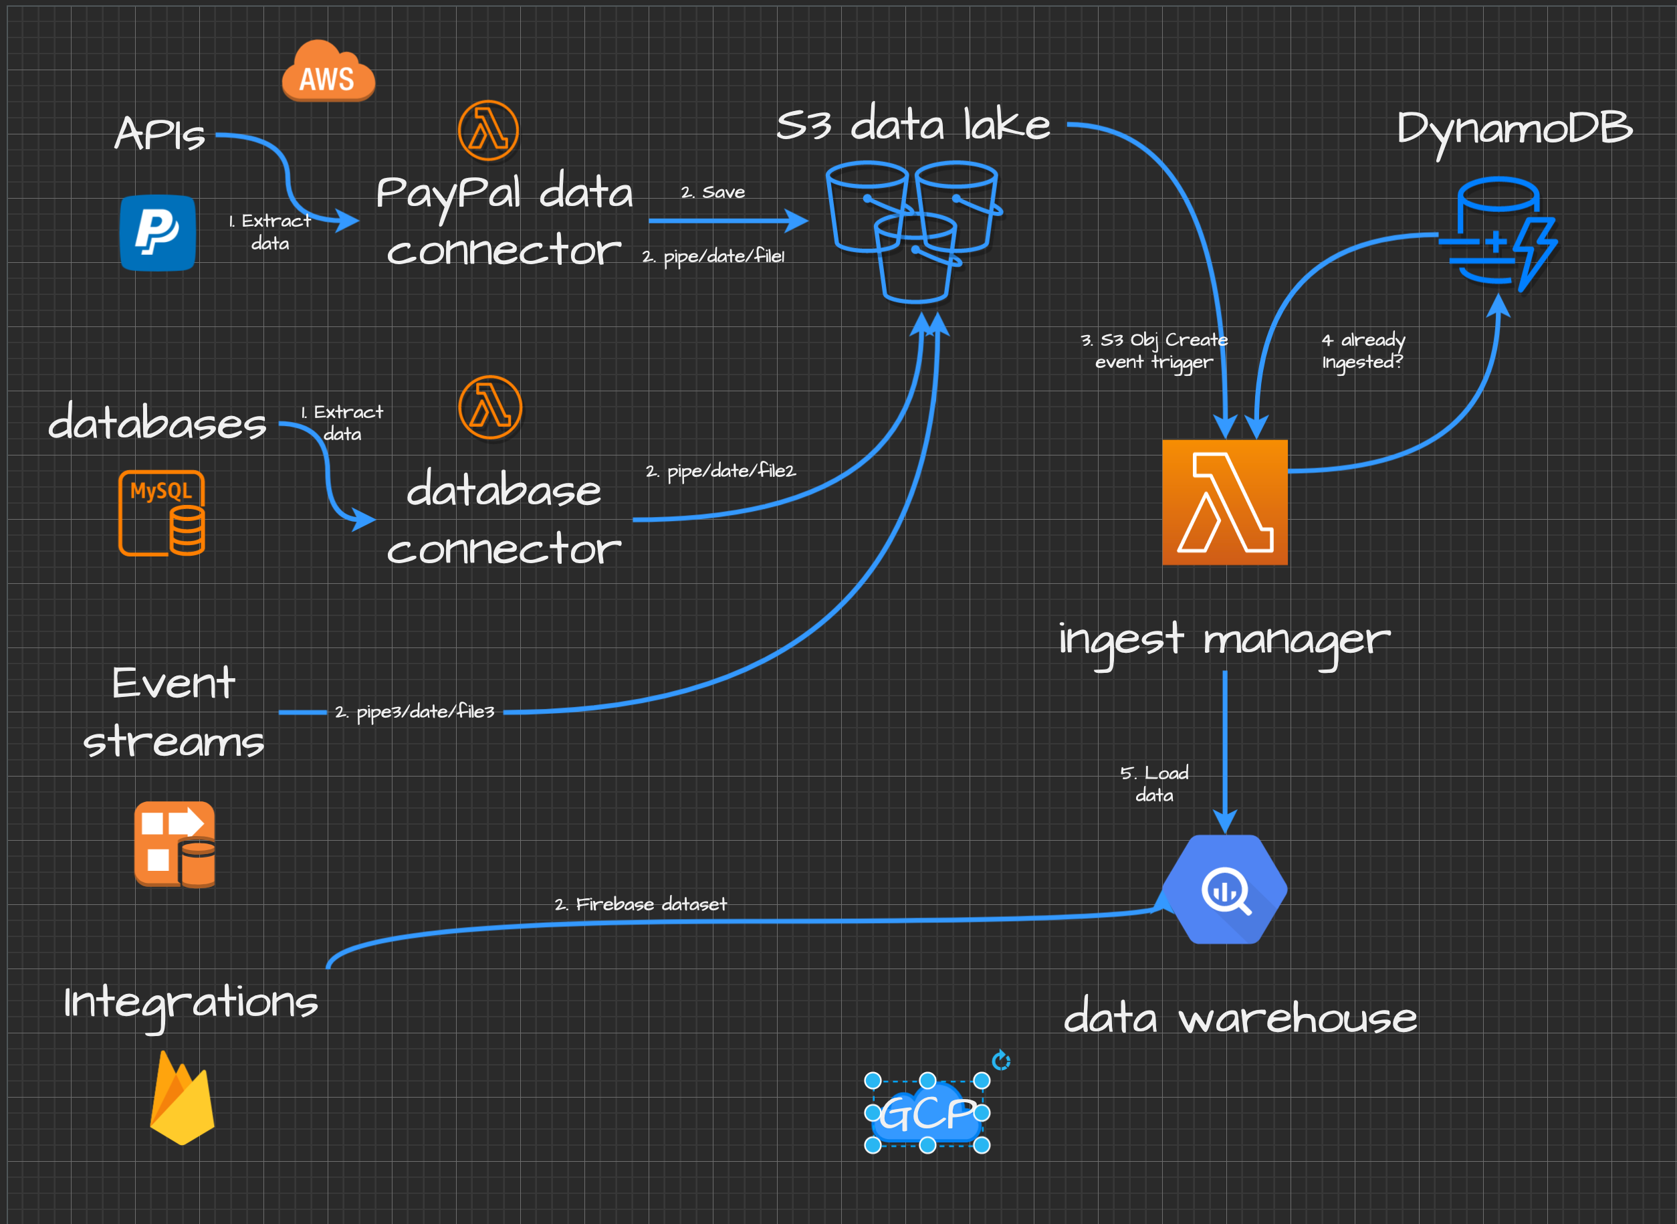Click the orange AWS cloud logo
click(328, 72)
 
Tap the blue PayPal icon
click(158, 233)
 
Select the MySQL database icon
click(161, 513)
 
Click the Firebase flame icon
click(181, 1098)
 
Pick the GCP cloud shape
click(927, 1113)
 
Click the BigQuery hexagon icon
click(1224, 889)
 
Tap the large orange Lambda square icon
click(1224, 502)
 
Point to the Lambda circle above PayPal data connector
click(488, 130)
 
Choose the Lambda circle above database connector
click(489, 407)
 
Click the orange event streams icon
click(175, 844)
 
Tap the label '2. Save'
click(713, 193)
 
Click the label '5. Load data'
click(1154, 784)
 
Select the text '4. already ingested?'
click(1363, 350)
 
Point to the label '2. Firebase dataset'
click(641, 904)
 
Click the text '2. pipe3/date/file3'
click(415, 712)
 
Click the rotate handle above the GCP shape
click(1001, 1060)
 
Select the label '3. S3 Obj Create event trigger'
click(1154, 350)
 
